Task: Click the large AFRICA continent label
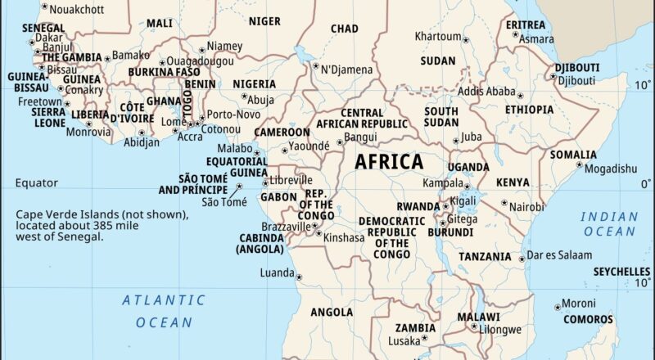[x=388, y=162]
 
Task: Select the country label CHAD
[x=344, y=29]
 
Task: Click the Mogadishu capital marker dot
[x=580, y=165]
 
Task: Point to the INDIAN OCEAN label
[x=609, y=225]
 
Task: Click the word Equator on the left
[x=37, y=182]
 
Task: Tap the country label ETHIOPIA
[x=529, y=110]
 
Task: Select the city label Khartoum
[x=438, y=37]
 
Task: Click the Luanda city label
[x=277, y=272]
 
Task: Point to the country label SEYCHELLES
[x=621, y=271]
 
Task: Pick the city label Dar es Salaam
[x=559, y=255]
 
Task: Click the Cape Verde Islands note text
[x=100, y=225]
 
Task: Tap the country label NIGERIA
[x=254, y=84]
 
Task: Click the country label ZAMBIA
[x=415, y=328]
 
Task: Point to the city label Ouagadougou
[x=201, y=61]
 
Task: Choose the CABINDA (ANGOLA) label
[x=260, y=243]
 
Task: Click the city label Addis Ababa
[x=486, y=92]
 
